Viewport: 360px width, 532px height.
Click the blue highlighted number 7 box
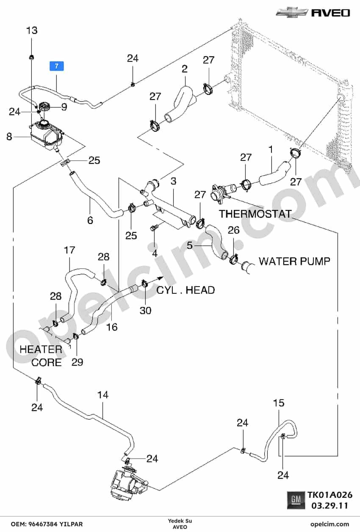[x=57, y=66]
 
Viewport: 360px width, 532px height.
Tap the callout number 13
[x=32, y=30]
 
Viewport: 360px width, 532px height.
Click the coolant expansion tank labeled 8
[x=46, y=135]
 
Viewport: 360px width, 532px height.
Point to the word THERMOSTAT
[x=255, y=214]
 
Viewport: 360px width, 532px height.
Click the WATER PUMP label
[x=295, y=261]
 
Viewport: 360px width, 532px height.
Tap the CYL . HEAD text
[x=186, y=290]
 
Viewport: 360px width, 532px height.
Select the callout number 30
[x=145, y=310]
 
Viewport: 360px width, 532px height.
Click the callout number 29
[x=77, y=362]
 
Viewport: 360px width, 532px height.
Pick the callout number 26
[x=234, y=230]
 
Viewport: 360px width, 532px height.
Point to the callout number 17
[x=69, y=250]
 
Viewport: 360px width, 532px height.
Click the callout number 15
[x=279, y=403]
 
